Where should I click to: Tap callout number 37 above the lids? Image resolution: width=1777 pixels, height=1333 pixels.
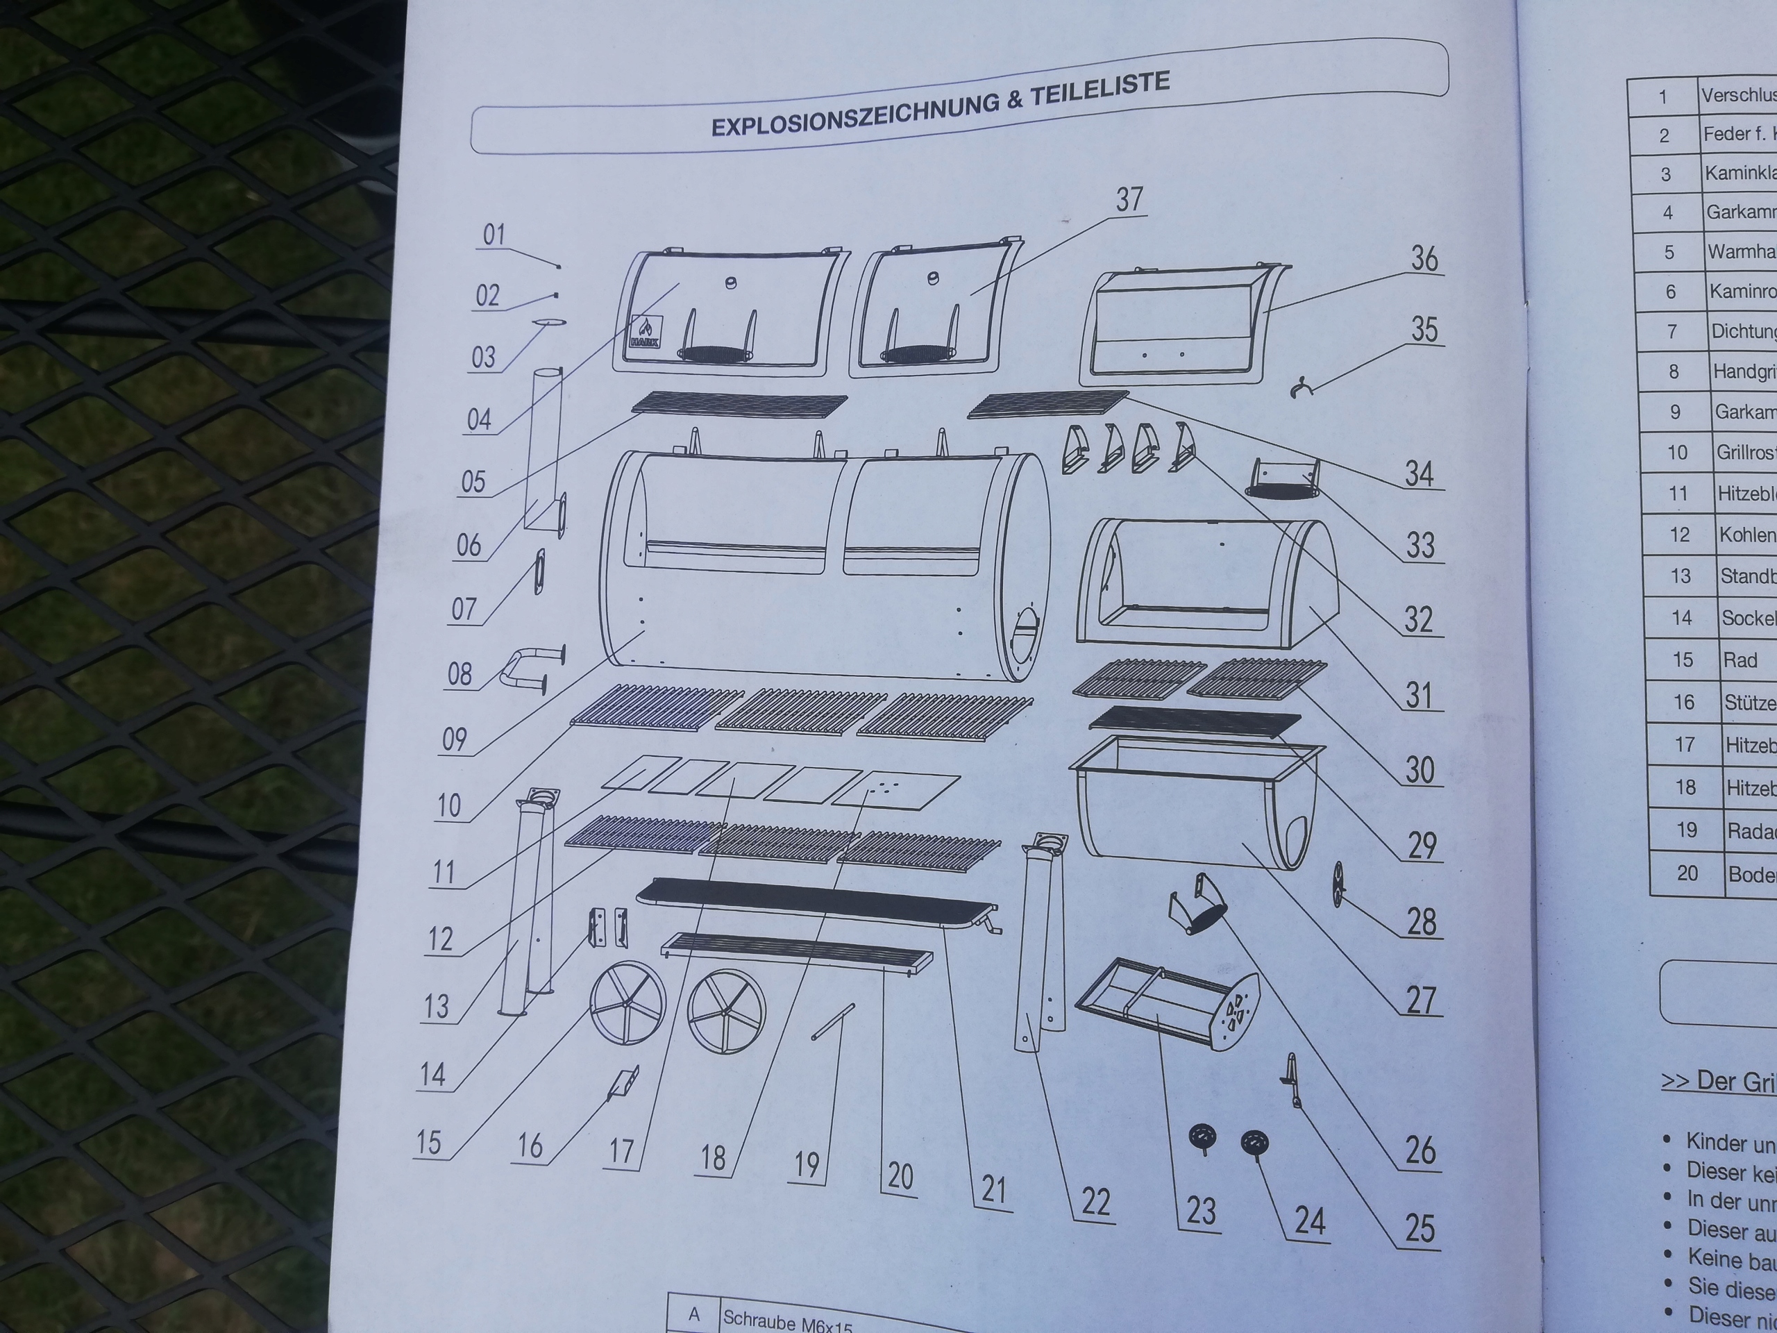click(1129, 199)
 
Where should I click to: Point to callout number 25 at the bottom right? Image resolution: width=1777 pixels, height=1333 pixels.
click(1419, 1227)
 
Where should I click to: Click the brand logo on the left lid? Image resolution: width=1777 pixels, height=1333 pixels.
click(645, 331)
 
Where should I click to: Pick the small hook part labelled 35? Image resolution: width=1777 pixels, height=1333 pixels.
click(1299, 388)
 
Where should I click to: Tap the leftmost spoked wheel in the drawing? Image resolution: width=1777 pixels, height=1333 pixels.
click(628, 1001)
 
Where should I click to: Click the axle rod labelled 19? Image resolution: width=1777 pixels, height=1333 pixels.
click(832, 1021)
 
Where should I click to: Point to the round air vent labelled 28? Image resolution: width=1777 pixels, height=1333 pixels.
click(1338, 884)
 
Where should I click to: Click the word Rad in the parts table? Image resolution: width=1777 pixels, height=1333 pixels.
click(1740, 660)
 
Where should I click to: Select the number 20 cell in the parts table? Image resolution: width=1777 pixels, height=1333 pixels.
click(1686, 873)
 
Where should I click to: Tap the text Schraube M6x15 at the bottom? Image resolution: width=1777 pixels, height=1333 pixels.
click(786, 1321)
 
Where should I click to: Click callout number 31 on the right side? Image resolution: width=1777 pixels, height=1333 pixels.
click(1418, 694)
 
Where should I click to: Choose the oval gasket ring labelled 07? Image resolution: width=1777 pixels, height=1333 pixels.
click(539, 571)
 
